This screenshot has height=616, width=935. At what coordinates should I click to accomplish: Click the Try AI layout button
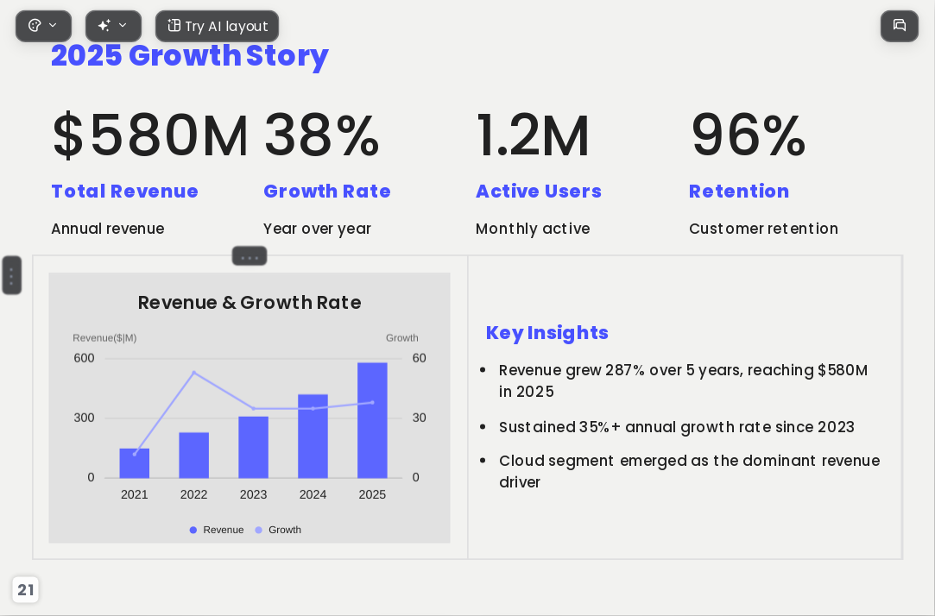click(217, 26)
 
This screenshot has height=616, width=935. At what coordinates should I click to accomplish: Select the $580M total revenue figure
click(150, 135)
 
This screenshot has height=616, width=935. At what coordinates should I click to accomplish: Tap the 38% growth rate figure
click(321, 135)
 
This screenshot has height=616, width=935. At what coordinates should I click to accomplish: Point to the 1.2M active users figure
click(533, 135)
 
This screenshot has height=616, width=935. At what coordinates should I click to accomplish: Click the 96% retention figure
click(748, 135)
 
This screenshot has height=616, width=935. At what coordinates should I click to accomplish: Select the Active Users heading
click(539, 192)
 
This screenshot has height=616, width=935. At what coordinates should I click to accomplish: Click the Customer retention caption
click(763, 229)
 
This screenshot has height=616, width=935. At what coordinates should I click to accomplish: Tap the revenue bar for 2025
click(372, 420)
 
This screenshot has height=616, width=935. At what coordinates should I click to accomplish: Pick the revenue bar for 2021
click(134, 463)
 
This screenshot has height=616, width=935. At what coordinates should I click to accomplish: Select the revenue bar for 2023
click(254, 447)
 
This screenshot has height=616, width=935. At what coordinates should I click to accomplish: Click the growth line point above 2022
click(193, 373)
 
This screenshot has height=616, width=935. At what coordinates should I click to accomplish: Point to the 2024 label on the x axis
click(313, 494)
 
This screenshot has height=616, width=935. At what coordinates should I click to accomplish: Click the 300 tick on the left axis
click(84, 418)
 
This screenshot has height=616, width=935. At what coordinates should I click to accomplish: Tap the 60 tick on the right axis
click(420, 358)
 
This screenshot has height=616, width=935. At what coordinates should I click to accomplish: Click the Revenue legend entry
click(217, 530)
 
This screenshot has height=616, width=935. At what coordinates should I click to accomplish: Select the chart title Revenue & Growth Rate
click(250, 303)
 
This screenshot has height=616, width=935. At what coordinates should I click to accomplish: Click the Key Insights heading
click(546, 332)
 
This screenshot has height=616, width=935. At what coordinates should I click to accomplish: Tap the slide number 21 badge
click(25, 590)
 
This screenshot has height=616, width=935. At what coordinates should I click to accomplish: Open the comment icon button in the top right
click(900, 26)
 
